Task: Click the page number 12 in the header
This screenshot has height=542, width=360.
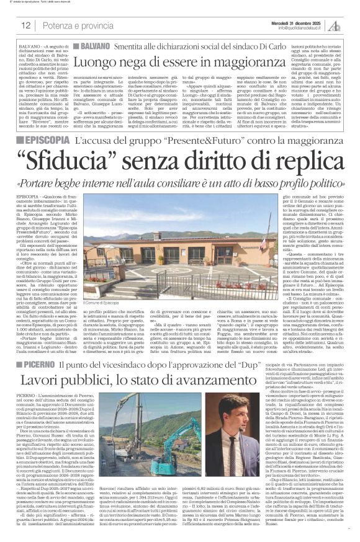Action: coord(25,25)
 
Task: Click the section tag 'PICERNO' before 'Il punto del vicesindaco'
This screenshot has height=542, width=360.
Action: coord(44,360)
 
